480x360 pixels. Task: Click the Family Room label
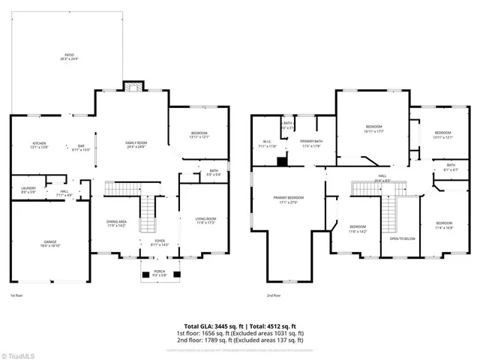click(135, 144)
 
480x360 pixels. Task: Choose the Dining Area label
click(116, 223)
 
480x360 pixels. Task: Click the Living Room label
click(205, 220)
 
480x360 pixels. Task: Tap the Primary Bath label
click(311, 142)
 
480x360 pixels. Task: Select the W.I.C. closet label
click(267, 142)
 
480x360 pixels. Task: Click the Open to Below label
click(402, 239)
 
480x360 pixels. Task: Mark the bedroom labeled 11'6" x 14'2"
click(358, 229)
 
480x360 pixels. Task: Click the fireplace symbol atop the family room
click(134, 86)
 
